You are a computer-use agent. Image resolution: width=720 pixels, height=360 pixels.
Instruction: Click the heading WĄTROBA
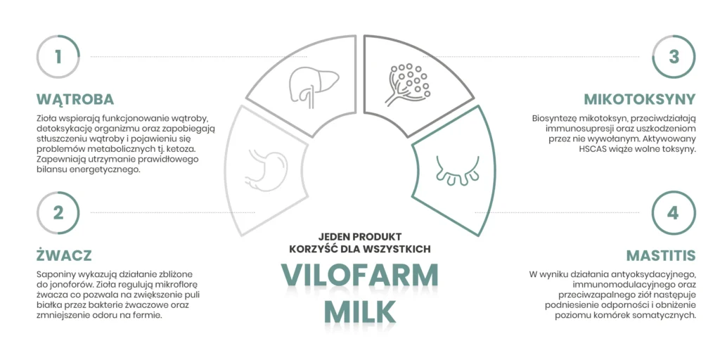click(75, 99)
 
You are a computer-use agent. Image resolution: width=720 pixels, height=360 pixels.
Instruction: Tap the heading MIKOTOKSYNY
click(640, 99)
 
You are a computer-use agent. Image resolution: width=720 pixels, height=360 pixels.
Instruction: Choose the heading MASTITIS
click(661, 255)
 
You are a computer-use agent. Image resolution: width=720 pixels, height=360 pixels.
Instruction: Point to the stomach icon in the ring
click(266, 168)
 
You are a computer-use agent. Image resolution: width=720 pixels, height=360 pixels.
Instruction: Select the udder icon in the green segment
click(457, 170)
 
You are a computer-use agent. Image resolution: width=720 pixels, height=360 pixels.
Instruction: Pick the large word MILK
click(359, 311)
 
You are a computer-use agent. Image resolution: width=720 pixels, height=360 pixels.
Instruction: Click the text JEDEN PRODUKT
click(360, 236)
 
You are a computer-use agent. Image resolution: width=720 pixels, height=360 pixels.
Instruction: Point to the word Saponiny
click(53, 275)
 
